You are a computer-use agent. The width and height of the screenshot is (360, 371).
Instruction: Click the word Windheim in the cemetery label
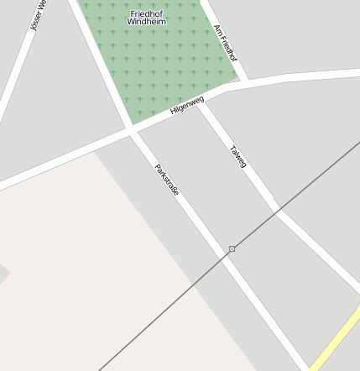[148, 21]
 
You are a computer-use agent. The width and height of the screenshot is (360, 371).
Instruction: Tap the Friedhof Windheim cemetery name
[148, 17]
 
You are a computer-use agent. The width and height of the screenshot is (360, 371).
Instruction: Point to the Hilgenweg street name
[186, 105]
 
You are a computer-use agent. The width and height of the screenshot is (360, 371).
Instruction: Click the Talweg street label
[237, 157]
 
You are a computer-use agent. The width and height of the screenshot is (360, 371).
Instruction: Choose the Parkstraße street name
[167, 180]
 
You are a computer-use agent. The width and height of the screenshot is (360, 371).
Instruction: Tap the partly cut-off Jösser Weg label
[38, 15]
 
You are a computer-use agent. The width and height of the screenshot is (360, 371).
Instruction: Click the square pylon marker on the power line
[232, 249]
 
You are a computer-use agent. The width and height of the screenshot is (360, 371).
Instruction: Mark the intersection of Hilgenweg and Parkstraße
[132, 128]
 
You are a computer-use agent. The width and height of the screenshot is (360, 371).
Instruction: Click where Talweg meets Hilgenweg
[202, 101]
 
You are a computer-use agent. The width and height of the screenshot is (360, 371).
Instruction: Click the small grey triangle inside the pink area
[3, 273]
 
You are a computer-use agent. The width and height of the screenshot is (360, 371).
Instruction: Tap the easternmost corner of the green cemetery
[237, 81]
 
